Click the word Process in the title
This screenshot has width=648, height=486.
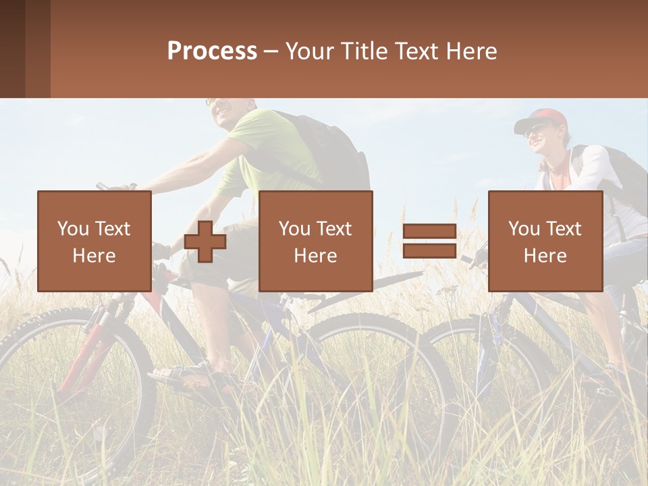(x=212, y=51)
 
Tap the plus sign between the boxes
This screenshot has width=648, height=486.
(x=205, y=242)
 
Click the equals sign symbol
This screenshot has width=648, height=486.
(x=429, y=242)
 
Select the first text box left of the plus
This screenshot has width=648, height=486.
(x=94, y=242)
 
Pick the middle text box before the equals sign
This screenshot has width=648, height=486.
(x=316, y=242)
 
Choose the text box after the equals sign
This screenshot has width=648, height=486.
(x=545, y=242)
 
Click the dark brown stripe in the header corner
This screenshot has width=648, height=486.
(x=12, y=49)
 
